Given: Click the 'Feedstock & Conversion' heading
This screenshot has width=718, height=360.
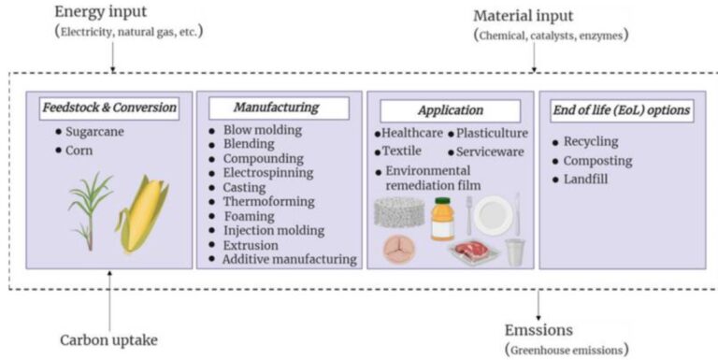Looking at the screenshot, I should [x=108, y=108].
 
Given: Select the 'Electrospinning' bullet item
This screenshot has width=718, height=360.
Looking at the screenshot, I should [x=267, y=173].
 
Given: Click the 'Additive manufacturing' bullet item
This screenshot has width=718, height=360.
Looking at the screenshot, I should [x=289, y=259].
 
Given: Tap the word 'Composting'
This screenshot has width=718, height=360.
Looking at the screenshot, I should [x=597, y=160].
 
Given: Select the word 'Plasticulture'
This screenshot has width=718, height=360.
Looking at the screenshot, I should [x=493, y=134].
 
